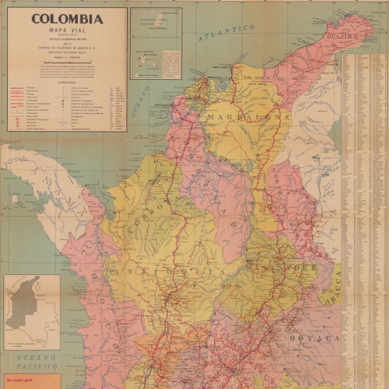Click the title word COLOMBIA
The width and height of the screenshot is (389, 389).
(x=67, y=19)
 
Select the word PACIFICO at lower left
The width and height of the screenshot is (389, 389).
(x=32, y=366)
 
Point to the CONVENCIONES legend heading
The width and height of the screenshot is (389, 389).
(x=67, y=82)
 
